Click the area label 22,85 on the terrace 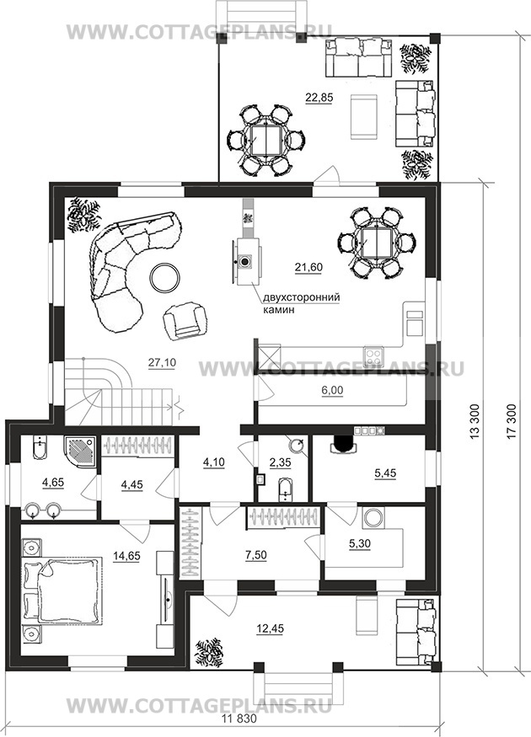click(319, 98)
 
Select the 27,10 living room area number click(162, 362)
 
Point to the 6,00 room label click(332, 390)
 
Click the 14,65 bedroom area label click(126, 556)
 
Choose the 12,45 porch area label click(271, 628)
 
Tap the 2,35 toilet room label click(281, 462)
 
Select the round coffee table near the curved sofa click(164, 277)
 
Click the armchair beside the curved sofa click(185, 319)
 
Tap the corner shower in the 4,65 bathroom click(81, 452)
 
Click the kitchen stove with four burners click(373, 354)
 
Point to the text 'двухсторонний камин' click(302, 303)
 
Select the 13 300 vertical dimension click(475, 422)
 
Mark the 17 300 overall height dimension click(512, 422)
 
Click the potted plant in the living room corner click(83, 215)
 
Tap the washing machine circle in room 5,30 click(374, 517)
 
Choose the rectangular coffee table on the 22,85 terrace click(364, 116)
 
